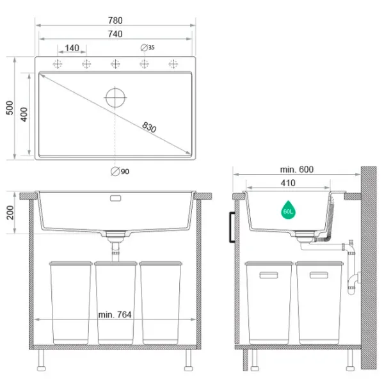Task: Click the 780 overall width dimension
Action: [115, 20]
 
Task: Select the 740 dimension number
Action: [115, 34]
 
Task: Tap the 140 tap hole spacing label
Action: [72, 48]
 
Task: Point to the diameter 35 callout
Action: [148, 47]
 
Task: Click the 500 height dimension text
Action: [10, 108]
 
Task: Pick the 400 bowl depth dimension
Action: [24, 115]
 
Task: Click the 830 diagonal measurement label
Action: [149, 127]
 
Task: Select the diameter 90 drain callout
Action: [120, 172]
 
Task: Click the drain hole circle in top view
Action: [115, 97]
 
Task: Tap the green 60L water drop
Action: [288, 210]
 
